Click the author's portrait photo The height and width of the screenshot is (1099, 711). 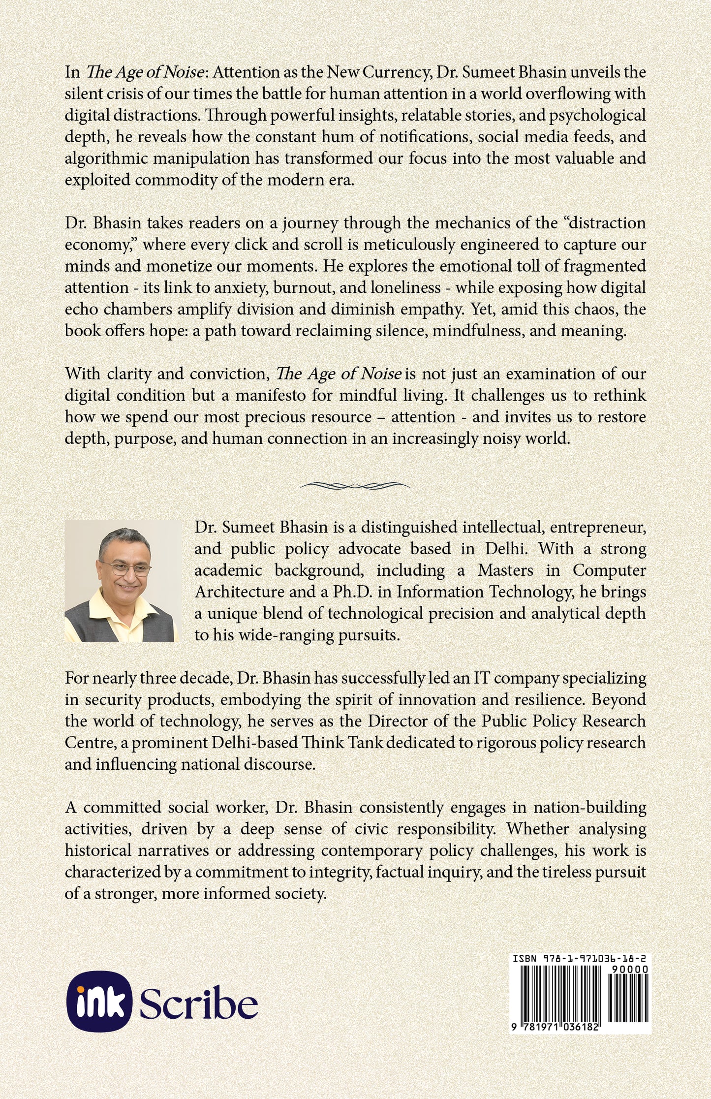[122, 581]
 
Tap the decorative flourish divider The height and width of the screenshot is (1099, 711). [355, 486]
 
